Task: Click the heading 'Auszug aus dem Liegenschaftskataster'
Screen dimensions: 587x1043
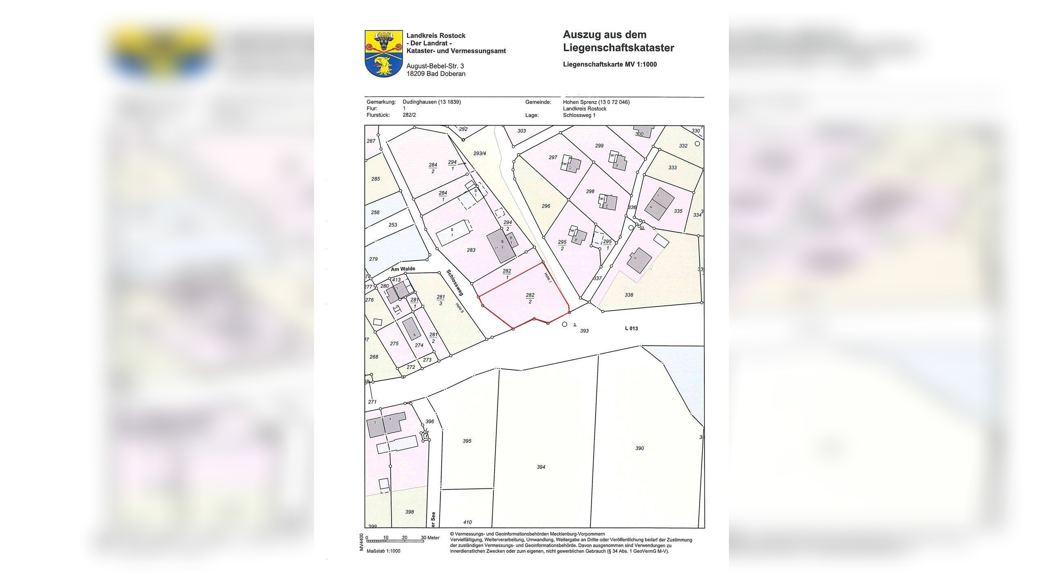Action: tap(618, 41)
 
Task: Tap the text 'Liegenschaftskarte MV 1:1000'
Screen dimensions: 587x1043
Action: tap(610, 64)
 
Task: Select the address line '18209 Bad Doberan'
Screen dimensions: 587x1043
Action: tap(436, 74)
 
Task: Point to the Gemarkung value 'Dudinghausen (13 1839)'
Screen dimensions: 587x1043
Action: tap(431, 102)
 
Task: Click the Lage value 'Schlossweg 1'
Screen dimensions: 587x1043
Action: tap(579, 115)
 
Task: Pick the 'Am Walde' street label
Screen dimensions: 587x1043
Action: tap(403, 269)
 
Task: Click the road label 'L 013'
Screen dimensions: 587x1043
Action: tap(631, 329)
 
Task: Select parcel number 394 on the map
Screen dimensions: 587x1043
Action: tap(541, 467)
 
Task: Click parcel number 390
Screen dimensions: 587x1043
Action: tap(639, 448)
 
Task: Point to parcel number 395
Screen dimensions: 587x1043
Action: tap(467, 441)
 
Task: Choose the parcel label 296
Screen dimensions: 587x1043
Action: tap(546, 206)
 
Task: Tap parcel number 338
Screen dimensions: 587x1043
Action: tap(629, 295)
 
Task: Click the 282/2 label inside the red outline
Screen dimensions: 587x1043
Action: tap(530, 298)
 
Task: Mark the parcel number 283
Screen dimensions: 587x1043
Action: tap(471, 250)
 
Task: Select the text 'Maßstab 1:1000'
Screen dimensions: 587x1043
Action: tap(383, 551)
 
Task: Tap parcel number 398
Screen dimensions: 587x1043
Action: tap(409, 512)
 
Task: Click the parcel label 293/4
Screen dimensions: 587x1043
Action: tap(480, 154)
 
